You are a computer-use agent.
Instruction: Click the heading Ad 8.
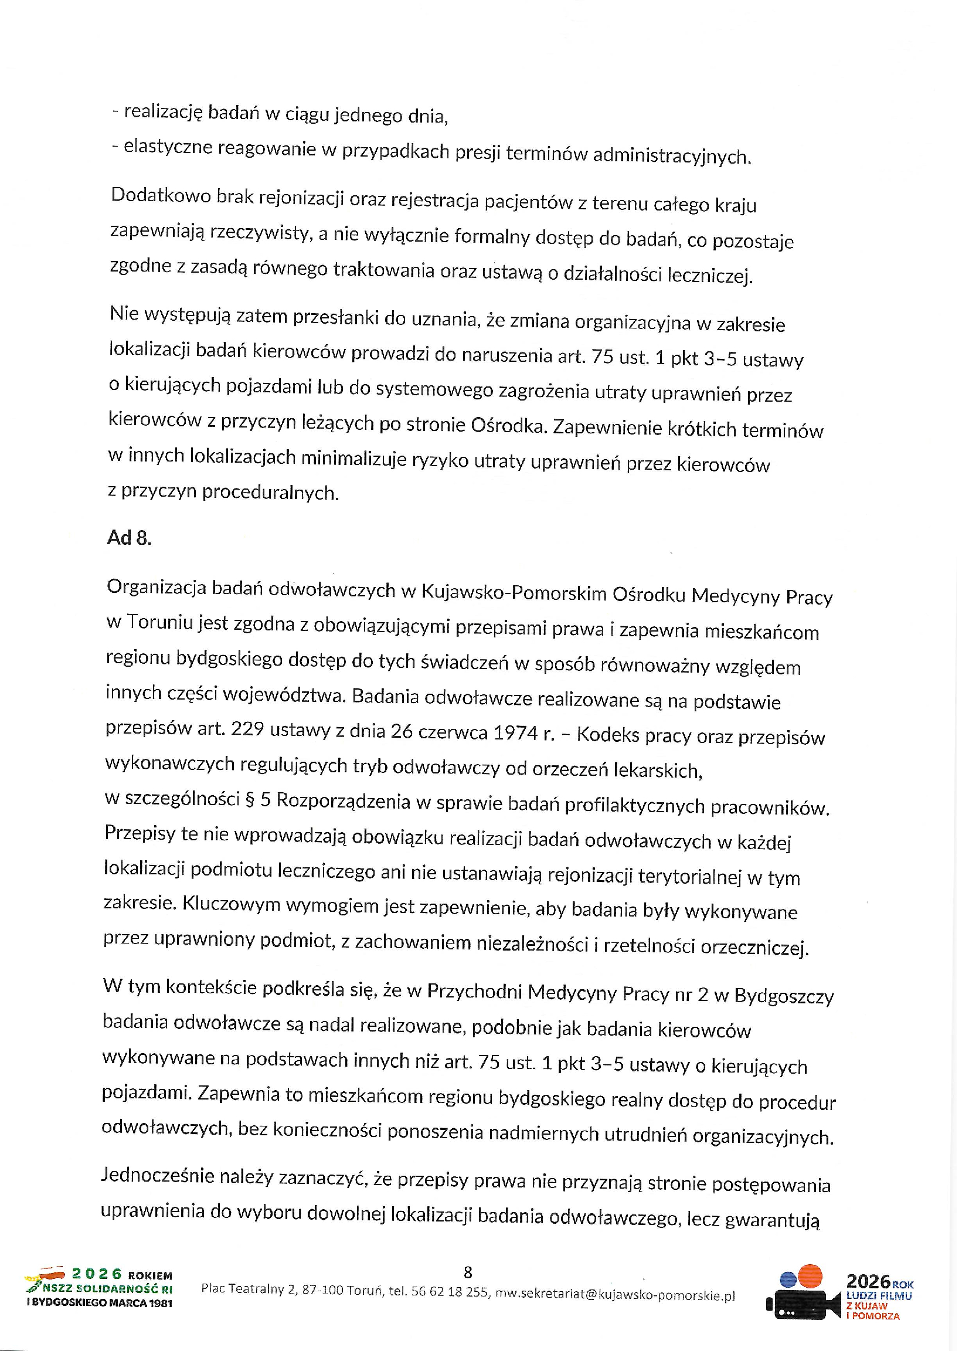pyautogui.click(x=129, y=538)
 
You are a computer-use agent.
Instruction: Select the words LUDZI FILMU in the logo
pyautogui.click(x=879, y=1296)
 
